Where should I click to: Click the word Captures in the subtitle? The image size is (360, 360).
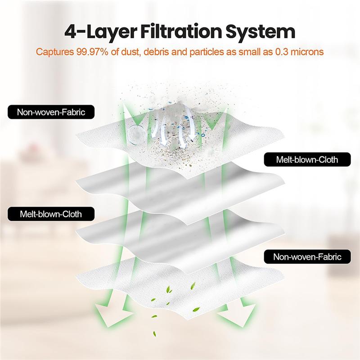point(54,52)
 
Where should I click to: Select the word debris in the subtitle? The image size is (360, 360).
point(156,52)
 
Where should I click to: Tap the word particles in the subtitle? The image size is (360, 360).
point(207,52)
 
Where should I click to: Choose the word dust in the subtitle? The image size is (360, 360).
point(130,52)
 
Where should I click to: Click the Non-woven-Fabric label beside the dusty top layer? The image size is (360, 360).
point(51,112)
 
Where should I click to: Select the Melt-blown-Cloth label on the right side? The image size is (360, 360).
point(307,159)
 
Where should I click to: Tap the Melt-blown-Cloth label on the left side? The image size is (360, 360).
point(51,214)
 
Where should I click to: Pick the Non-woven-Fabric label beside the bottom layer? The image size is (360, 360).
point(307,256)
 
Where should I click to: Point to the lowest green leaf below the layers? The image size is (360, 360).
point(154,333)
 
